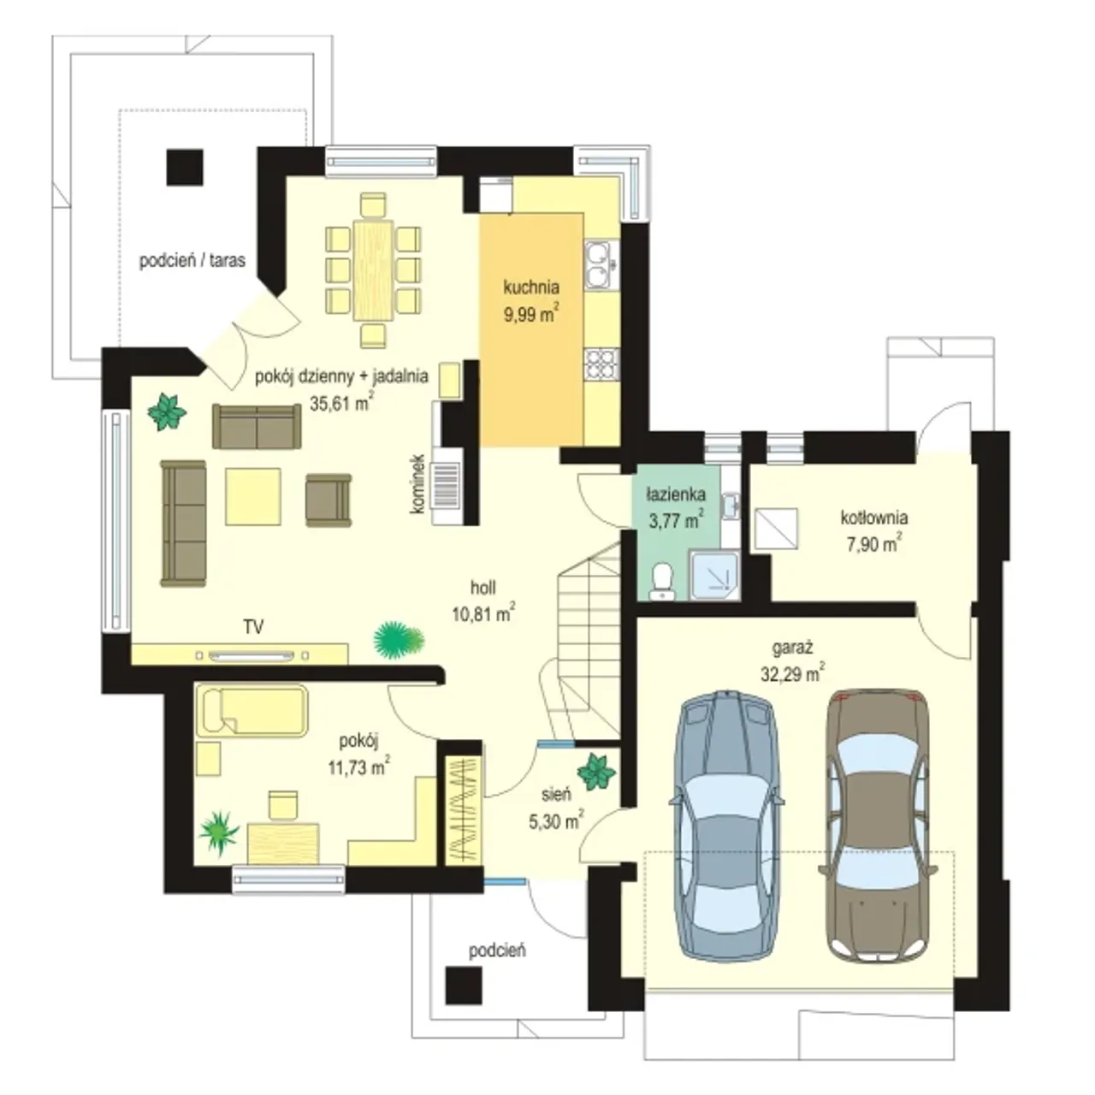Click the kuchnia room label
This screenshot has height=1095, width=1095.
tap(530, 287)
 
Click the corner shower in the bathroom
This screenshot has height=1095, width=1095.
tap(715, 575)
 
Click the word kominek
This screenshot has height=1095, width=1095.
tap(418, 483)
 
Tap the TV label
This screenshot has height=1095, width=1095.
tap(253, 627)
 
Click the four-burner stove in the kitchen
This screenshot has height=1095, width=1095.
tap(601, 364)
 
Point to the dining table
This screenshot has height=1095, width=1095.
tap(373, 270)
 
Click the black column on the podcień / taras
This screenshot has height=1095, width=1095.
tap(185, 167)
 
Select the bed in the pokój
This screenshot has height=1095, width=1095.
tap(252, 711)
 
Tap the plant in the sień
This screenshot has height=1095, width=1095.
tap(596, 772)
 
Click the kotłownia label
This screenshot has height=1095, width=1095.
tap(874, 518)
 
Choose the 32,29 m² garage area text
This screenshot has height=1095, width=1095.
tap(793, 673)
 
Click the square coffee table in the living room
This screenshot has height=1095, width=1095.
tap(253, 497)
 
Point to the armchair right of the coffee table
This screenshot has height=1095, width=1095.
tap(328, 500)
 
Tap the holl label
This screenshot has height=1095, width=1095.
tap(483, 587)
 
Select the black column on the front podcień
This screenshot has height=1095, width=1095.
tap(464, 985)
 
